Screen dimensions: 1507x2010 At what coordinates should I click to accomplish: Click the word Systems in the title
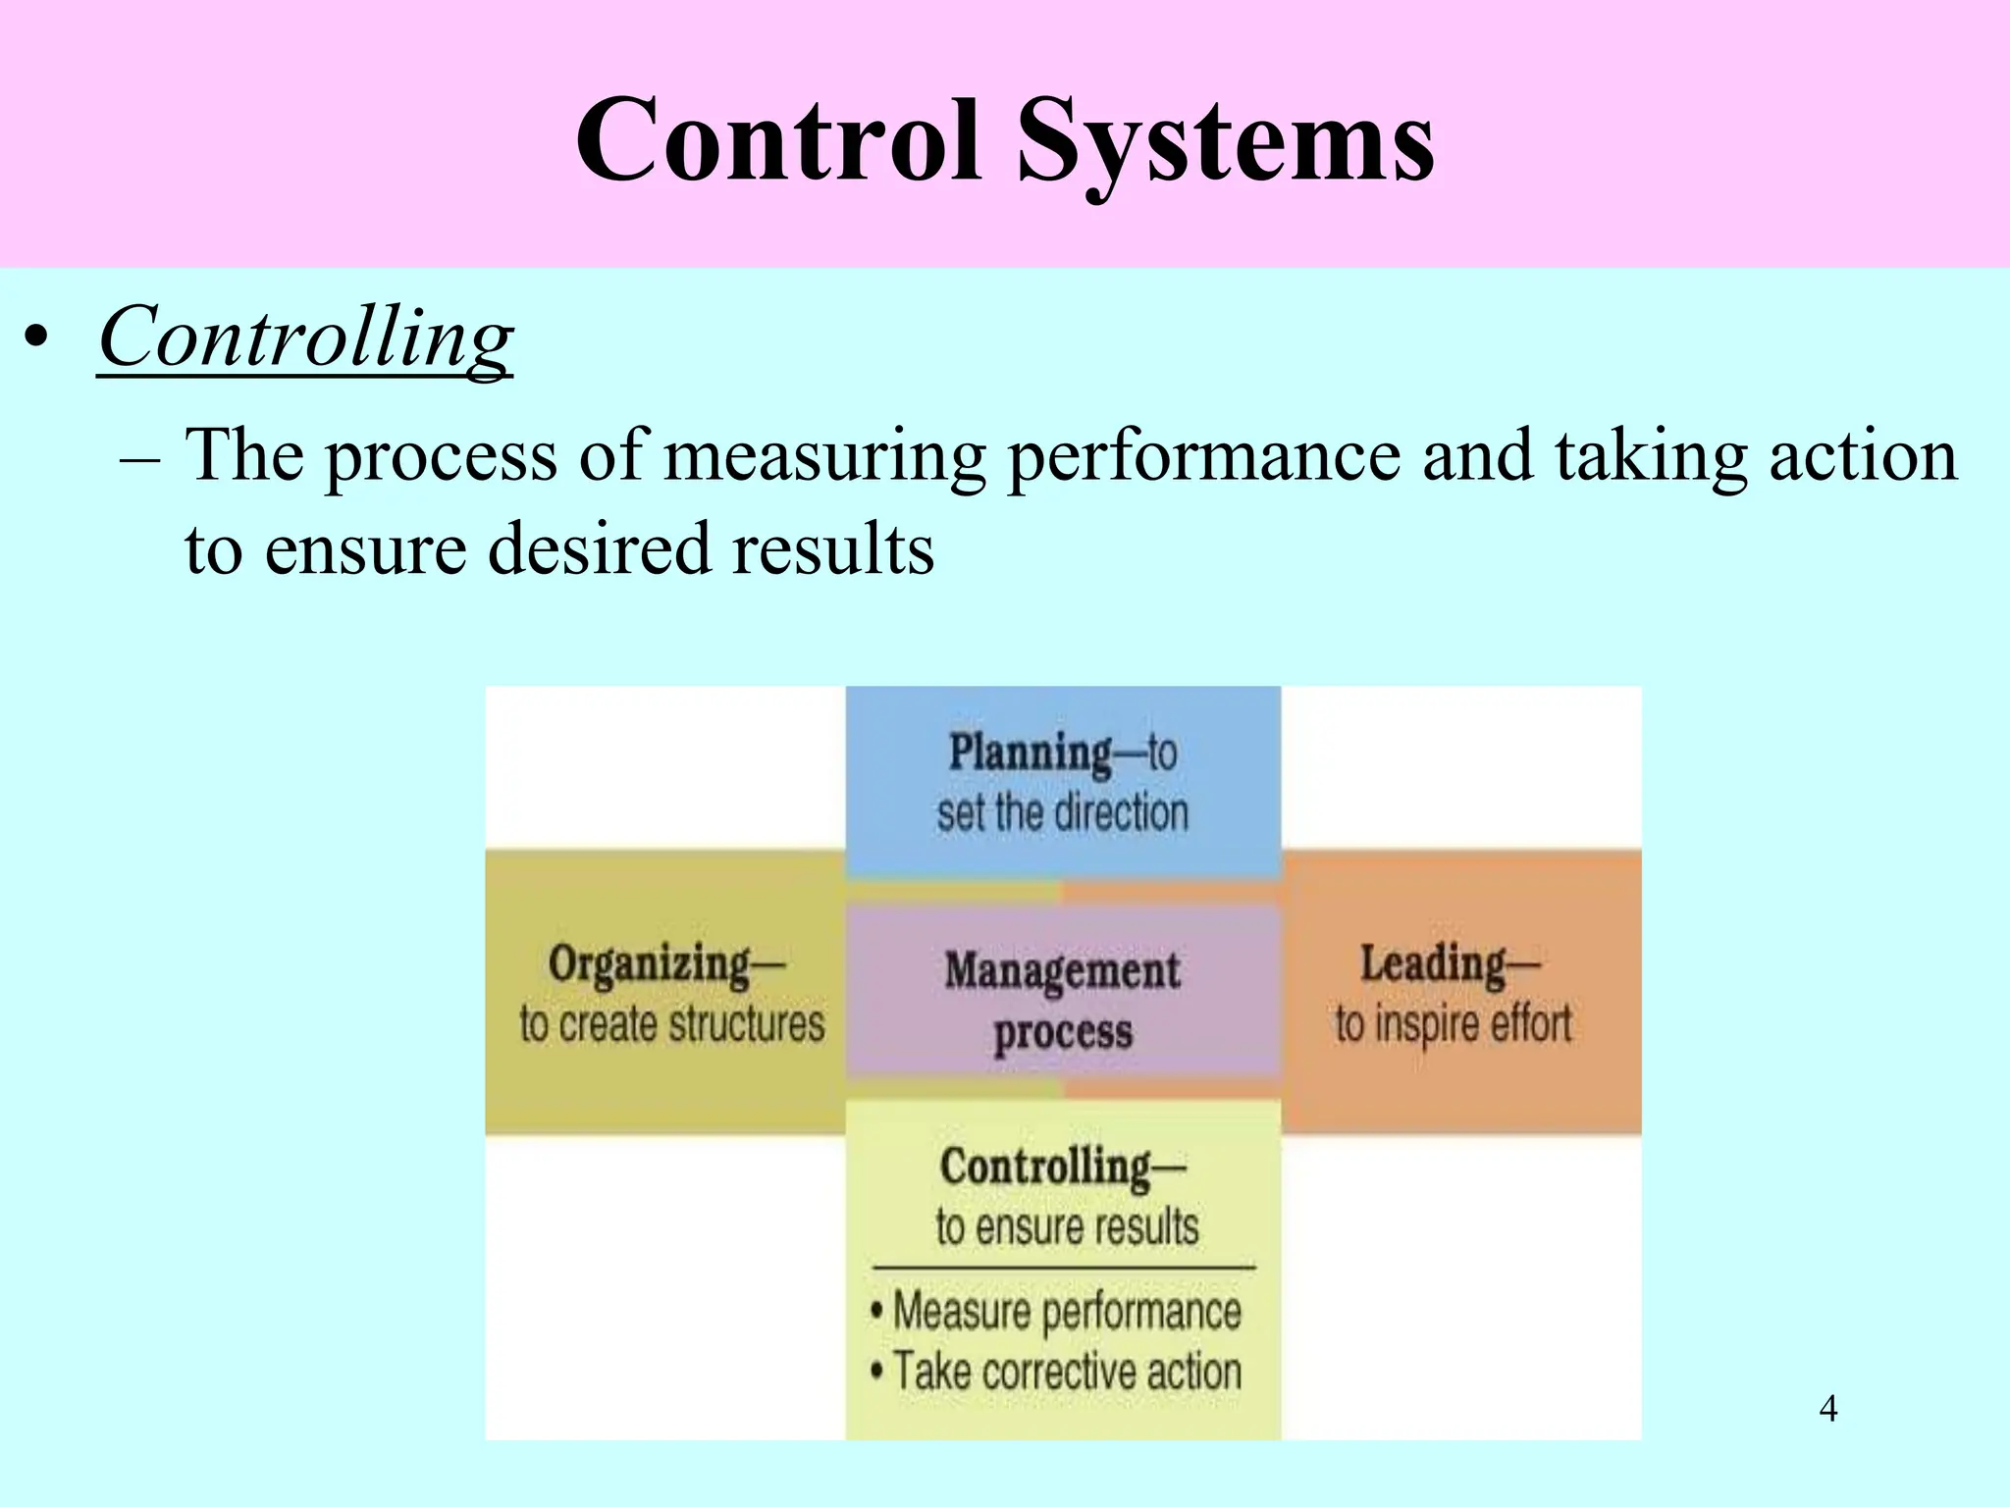click(x=1226, y=142)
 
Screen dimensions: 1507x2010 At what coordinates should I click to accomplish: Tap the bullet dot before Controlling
click(x=36, y=338)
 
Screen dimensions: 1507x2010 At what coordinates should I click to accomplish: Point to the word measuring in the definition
click(x=825, y=456)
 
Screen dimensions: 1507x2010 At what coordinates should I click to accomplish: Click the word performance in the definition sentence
click(x=1204, y=456)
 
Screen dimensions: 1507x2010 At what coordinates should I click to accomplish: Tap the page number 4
click(x=1827, y=1409)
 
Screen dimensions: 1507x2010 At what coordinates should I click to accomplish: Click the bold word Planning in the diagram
click(x=1031, y=753)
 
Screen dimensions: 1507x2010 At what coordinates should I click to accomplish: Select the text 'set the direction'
click(x=1062, y=813)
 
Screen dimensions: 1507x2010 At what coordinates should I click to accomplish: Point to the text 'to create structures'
click(x=672, y=1024)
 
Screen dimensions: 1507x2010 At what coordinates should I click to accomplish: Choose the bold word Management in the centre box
click(x=1062, y=970)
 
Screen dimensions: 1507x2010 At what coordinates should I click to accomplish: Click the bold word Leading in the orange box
click(x=1433, y=963)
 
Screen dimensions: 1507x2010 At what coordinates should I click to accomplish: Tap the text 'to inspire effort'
click(x=1453, y=1024)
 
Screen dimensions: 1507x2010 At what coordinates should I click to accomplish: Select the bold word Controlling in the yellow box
click(x=1045, y=1167)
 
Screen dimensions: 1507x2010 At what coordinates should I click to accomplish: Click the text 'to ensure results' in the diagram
click(x=1067, y=1227)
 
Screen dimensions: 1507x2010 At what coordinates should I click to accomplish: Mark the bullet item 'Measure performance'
click(x=1067, y=1312)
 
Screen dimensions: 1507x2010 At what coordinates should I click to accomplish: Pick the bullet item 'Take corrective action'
click(x=1067, y=1371)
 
